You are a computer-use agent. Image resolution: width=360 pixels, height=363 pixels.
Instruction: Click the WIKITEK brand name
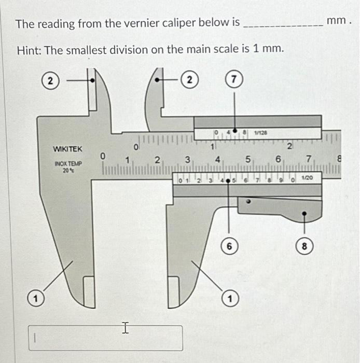(x=67, y=149)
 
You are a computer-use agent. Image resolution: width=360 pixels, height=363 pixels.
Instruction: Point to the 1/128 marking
(x=260, y=133)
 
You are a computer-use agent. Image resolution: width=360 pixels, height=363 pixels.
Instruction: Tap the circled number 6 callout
(x=229, y=246)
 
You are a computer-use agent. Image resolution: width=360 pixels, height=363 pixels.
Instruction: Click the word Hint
(x=28, y=50)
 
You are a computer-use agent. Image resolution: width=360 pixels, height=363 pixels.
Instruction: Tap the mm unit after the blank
(x=337, y=22)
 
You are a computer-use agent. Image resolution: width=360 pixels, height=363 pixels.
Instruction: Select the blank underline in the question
(x=283, y=24)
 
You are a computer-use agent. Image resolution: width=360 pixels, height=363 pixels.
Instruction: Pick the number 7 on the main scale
(x=309, y=158)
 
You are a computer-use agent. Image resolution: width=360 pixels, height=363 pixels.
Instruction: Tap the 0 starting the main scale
(x=103, y=156)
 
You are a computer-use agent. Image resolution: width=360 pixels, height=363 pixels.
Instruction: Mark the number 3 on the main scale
(x=188, y=159)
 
